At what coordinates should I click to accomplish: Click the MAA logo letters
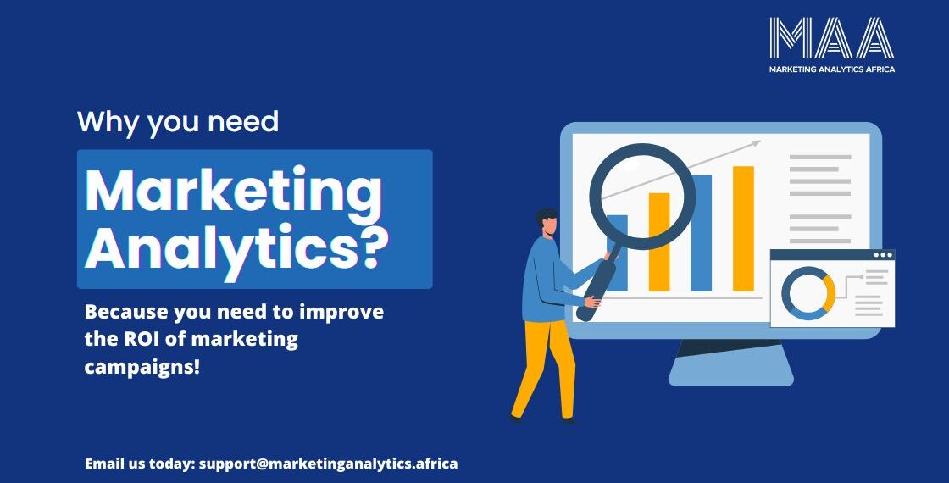tap(831, 37)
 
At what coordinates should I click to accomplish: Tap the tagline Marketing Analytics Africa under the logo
tap(831, 69)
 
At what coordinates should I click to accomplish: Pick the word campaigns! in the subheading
tap(142, 367)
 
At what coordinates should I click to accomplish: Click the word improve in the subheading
tap(341, 313)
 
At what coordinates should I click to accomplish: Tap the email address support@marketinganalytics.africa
tap(328, 464)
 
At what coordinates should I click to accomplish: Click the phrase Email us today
tap(139, 464)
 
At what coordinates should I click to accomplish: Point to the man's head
tap(547, 222)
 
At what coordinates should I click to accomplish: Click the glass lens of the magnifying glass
tap(642, 197)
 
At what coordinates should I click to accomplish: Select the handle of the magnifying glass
tap(597, 283)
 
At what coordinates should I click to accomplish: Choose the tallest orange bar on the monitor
tap(743, 229)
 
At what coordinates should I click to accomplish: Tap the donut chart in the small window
tap(808, 293)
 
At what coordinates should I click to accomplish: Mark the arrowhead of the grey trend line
tap(755, 143)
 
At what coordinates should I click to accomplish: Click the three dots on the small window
tap(883, 255)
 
